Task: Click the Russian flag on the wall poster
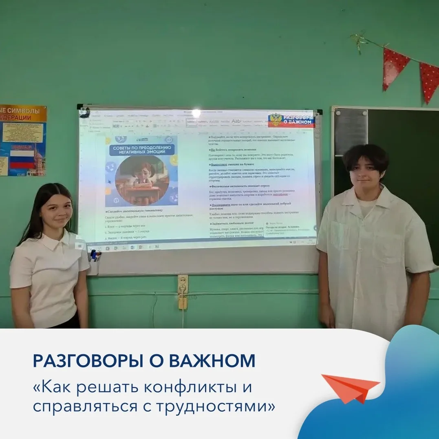(x=22, y=159)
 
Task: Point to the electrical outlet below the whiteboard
(x=183, y=284)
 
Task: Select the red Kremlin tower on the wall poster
(x=38, y=157)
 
